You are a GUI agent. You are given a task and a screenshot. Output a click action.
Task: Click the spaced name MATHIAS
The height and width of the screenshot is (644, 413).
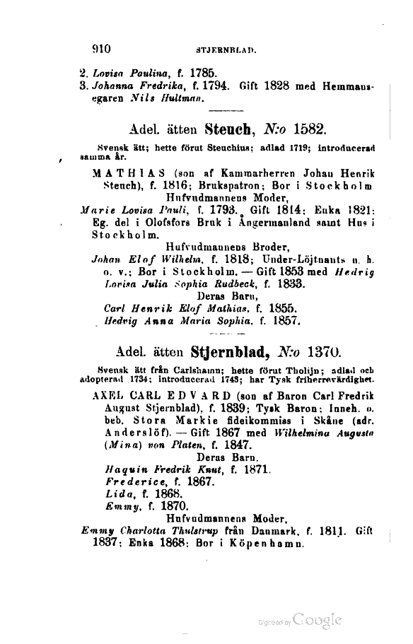[122, 171]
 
